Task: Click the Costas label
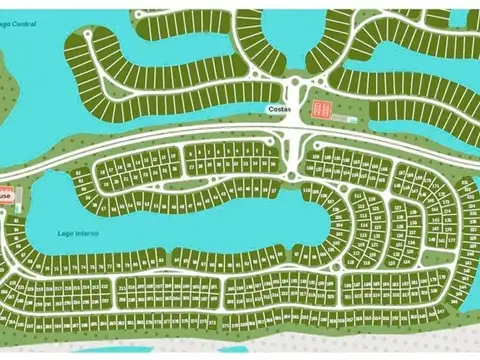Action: pyautogui.click(x=280, y=108)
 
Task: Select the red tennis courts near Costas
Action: pyautogui.click(x=321, y=109)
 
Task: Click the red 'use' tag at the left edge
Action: pyautogui.click(x=6, y=196)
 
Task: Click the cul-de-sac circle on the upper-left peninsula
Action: pyautogui.click(x=88, y=33)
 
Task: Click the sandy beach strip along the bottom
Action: pyautogui.click(x=240, y=345)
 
